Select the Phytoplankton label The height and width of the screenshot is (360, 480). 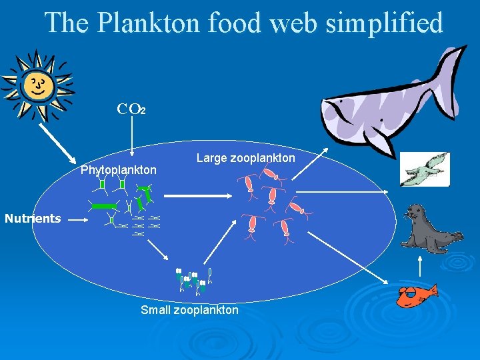(x=119, y=170)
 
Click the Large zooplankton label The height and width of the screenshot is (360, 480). (x=245, y=158)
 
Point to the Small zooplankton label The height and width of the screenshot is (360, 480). (x=189, y=310)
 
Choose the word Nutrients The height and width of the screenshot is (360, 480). (x=33, y=218)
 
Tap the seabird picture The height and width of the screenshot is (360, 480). (x=425, y=169)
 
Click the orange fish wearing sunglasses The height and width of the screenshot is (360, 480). (x=416, y=293)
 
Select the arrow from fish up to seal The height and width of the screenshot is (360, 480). (x=420, y=265)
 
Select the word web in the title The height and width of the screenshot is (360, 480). (x=284, y=23)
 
